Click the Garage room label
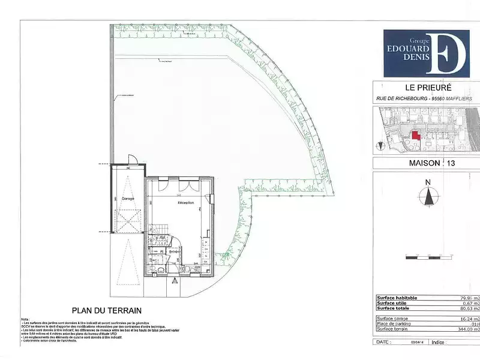pos(128,198)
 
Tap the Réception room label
pos(185,203)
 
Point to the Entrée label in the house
pos(175,251)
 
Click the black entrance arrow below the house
pos(174,280)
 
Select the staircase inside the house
pos(158,231)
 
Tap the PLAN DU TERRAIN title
pos(106,311)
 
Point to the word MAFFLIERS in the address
pos(458,98)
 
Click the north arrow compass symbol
pos(428,196)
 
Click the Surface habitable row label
pos(397,298)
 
